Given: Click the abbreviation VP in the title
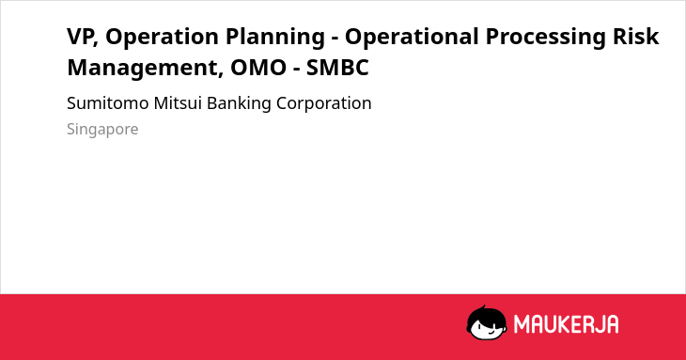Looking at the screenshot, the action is coord(80,37).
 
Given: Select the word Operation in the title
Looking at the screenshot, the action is coord(162,38).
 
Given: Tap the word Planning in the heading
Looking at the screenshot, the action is coord(274,38).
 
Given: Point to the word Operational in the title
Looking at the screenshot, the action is coord(412,38).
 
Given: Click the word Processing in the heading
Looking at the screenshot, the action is coord(546,38).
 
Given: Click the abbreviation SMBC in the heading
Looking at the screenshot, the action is coord(337,68).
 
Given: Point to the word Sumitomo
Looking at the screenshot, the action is coord(108,103).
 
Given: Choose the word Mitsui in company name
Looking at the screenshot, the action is coord(178,103).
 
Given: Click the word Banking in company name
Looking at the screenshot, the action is coord(239,104).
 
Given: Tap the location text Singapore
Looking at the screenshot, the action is coord(102,130).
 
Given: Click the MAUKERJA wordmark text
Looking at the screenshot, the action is coord(566,324).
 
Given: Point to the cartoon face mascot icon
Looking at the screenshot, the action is coord(487,323).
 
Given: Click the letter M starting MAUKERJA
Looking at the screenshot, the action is coord(520,324).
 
